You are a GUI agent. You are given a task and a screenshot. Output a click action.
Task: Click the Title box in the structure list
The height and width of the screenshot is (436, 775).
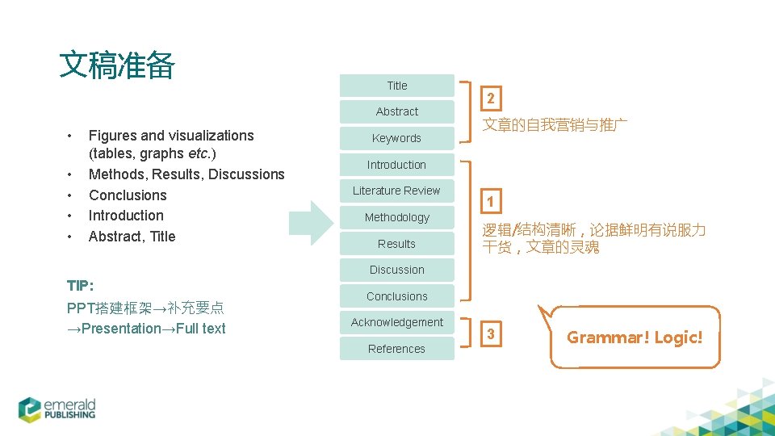pyautogui.click(x=397, y=86)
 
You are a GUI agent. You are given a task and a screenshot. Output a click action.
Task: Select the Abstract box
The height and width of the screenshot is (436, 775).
pyautogui.click(x=397, y=111)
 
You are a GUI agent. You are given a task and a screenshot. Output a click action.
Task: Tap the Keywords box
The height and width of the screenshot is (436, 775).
pyautogui.click(x=397, y=138)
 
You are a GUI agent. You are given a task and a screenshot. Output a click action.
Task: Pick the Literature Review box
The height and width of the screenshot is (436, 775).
pyautogui.click(x=397, y=191)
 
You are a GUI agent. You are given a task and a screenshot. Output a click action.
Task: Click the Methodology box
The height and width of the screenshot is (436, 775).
pyautogui.click(x=397, y=217)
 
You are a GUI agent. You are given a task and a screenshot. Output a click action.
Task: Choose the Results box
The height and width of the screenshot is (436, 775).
pyautogui.click(x=397, y=244)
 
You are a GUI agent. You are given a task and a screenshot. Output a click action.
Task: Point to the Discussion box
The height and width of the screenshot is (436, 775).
pyautogui.click(x=397, y=270)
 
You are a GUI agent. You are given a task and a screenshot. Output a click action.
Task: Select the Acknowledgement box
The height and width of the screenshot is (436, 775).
pyautogui.click(x=397, y=322)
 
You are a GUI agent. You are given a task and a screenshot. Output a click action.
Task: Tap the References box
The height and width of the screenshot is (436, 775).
pyautogui.click(x=397, y=349)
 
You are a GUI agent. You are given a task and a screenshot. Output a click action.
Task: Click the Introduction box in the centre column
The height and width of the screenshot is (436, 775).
pyautogui.click(x=397, y=165)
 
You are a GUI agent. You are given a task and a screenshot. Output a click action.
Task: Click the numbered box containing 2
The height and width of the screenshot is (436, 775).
pyautogui.click(x=490, y=99)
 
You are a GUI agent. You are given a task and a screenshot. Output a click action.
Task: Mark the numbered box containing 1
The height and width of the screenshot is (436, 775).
pyautogui.click(x=490, y=201)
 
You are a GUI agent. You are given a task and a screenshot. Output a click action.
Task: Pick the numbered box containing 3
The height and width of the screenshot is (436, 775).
pyautogui.click(x=490, y=334)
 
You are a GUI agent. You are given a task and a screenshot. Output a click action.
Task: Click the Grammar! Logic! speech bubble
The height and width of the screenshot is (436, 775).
pyautogui.click(x=635, y=337)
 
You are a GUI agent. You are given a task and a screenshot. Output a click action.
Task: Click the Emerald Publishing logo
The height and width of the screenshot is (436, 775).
pyautogui.click(x=58, y=408)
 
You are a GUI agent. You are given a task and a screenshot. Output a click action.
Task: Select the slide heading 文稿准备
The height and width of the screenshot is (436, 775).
pyautogui.click(x=117, y=65)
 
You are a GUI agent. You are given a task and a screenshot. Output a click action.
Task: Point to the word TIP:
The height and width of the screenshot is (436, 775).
pyautogui.click(x=81, y=286)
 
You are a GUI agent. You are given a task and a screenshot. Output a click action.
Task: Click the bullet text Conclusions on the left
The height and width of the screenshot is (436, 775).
pyautogui.click(x=128, y=195)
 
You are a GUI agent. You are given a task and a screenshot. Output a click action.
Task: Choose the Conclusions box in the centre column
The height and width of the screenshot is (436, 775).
pyautogui.click(x=397, y=296)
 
